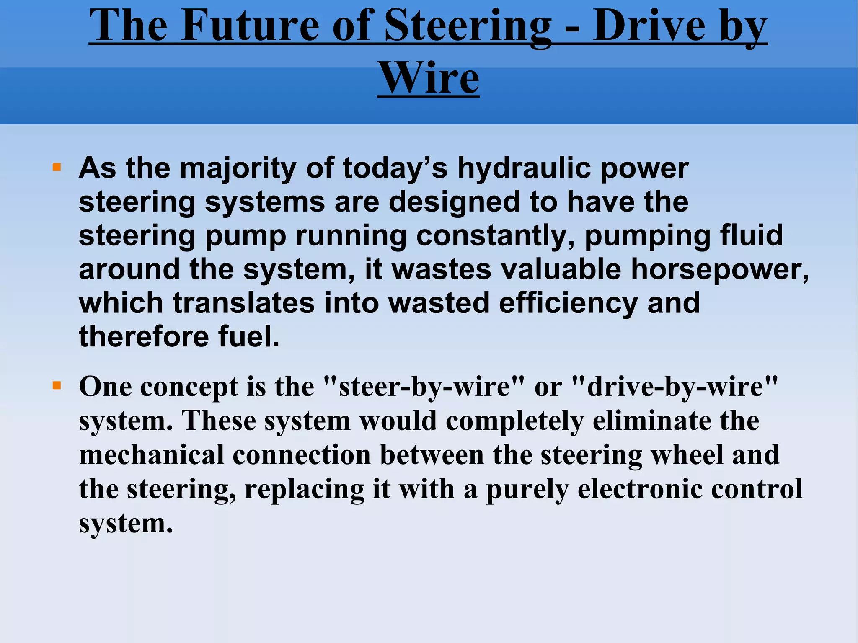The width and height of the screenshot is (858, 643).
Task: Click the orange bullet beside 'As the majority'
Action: click(x=57, y=168)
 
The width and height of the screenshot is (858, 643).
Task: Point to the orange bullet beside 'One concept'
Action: click(x=57, y=385)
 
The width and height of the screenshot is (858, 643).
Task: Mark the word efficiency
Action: click(x=568, y=303)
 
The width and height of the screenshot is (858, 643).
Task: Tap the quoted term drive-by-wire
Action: click(x=675, y=387)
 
